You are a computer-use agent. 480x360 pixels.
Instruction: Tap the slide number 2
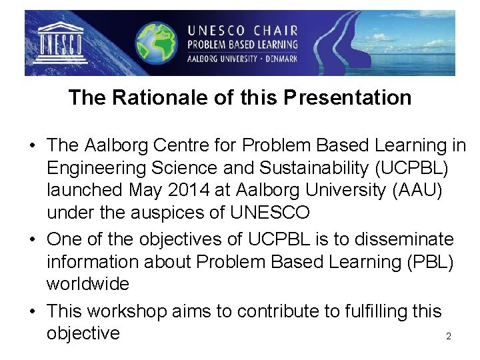tap(449, 337)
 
